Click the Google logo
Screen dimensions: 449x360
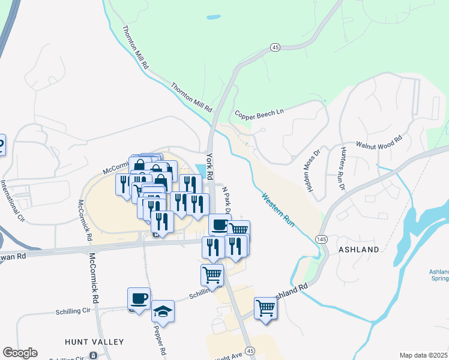click(20, 353)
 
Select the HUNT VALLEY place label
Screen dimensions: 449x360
click(94, 342)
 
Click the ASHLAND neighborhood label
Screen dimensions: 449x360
click(359, 249)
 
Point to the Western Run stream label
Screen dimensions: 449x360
click(278, 209)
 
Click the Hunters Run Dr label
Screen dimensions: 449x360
click(342, 169)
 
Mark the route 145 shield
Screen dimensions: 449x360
click(320, 239)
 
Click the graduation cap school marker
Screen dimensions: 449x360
click(163, 311)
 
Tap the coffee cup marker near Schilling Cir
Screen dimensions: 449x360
click(139, 298)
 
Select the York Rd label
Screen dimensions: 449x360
click(210, 167)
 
